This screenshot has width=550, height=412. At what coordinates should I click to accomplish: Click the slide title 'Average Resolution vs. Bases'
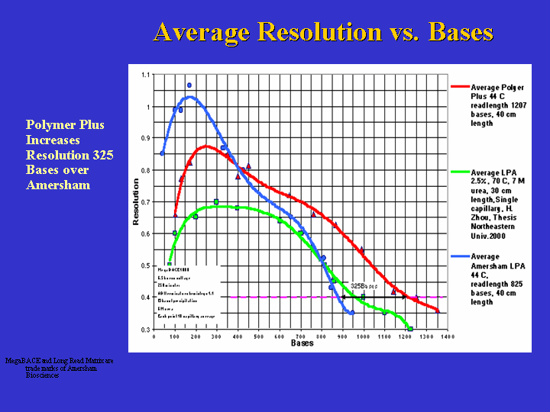tap(323, 32)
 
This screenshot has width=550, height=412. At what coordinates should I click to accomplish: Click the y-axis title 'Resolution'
tap(136, 202)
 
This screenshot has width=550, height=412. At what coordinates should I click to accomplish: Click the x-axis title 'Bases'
tap(302, 343)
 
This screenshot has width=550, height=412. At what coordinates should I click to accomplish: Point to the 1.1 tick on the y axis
tap(145, 75)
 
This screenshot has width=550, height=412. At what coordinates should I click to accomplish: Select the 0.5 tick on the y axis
tap(145, 266)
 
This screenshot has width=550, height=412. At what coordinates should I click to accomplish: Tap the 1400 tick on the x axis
tap(448, 336)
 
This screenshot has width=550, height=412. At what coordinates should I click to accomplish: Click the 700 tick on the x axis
tap(300, 336)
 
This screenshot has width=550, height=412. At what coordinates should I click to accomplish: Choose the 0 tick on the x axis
tap(154, 336)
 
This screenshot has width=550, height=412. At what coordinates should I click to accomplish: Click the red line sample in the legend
tap(460, 87)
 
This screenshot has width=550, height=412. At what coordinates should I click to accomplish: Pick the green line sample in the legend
tap(460, 172)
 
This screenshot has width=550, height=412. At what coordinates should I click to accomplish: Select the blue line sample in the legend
tap(460, 257)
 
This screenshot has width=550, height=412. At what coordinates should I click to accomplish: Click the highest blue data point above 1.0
tap(189, 85)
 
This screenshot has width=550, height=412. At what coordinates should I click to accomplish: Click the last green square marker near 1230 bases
tap(410, 329)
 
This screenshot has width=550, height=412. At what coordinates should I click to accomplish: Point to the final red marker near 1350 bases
tap(438, 310)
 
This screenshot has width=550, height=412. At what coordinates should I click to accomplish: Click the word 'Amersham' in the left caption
tap(58, 185)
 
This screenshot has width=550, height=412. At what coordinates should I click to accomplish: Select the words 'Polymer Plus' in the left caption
tap(65, 125)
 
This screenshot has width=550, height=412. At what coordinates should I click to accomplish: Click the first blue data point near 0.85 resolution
tap(162, 153)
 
